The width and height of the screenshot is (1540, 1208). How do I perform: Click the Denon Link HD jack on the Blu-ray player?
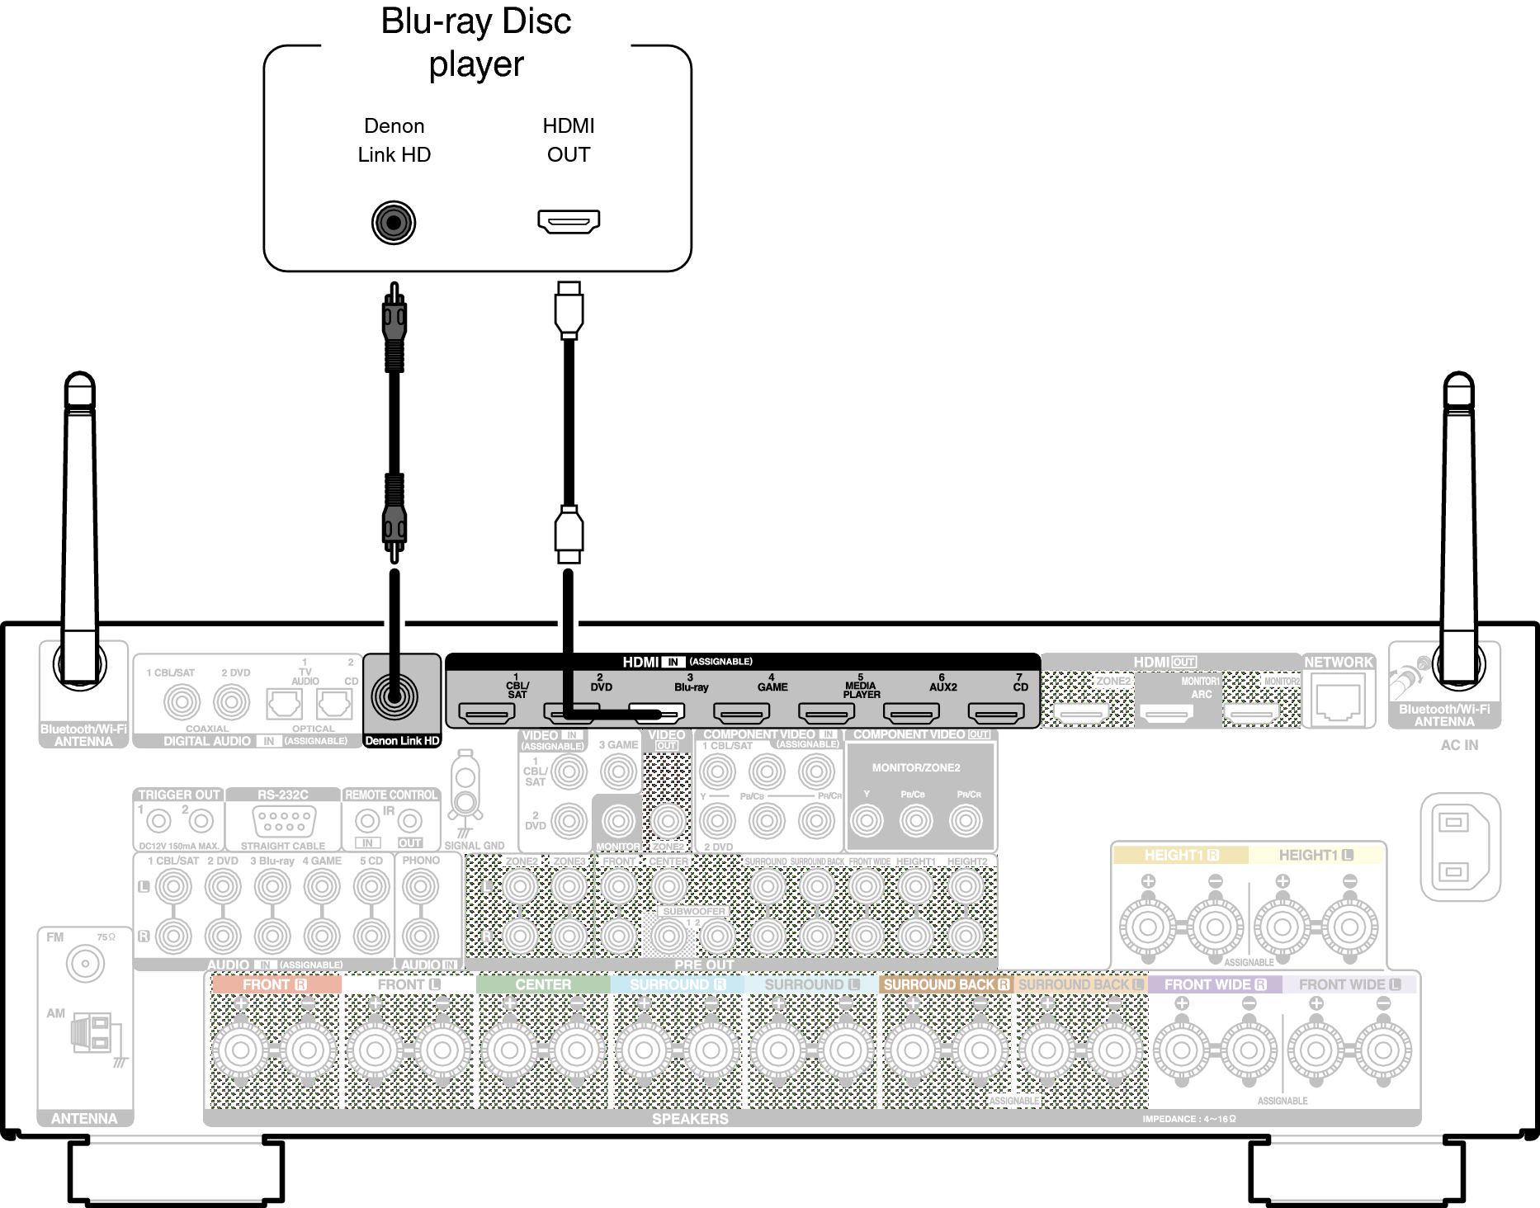click(394, 223)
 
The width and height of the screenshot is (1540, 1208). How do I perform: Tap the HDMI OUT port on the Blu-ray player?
click(569, 221)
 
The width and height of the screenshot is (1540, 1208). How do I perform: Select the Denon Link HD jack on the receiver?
click(394, 696)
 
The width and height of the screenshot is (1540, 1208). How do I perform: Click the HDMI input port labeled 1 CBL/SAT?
click(487, 713)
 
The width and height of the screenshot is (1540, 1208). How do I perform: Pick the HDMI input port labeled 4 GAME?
click(742, 713)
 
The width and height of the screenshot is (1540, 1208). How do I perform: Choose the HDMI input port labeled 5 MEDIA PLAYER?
click(826, 713)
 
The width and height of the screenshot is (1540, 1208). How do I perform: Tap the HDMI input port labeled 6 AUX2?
click(911, 713)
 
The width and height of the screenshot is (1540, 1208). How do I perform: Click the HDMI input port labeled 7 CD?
click(996, 713)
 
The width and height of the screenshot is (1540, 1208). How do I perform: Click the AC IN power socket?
click(1459, 847)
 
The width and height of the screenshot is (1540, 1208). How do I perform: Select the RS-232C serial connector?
click(283, 821)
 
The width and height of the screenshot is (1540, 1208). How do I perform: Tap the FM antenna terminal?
click(85, 964)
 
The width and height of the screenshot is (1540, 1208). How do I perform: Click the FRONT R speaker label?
click(275, 984)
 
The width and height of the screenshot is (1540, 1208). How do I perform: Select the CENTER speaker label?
click(543, 984)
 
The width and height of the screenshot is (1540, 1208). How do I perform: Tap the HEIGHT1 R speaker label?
click(1181, 856)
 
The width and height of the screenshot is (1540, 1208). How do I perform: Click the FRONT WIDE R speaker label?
click(1215, 984)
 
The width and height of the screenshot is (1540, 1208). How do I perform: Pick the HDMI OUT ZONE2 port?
click(1083, 713)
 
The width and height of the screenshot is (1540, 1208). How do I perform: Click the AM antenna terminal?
click(92, 1033)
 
